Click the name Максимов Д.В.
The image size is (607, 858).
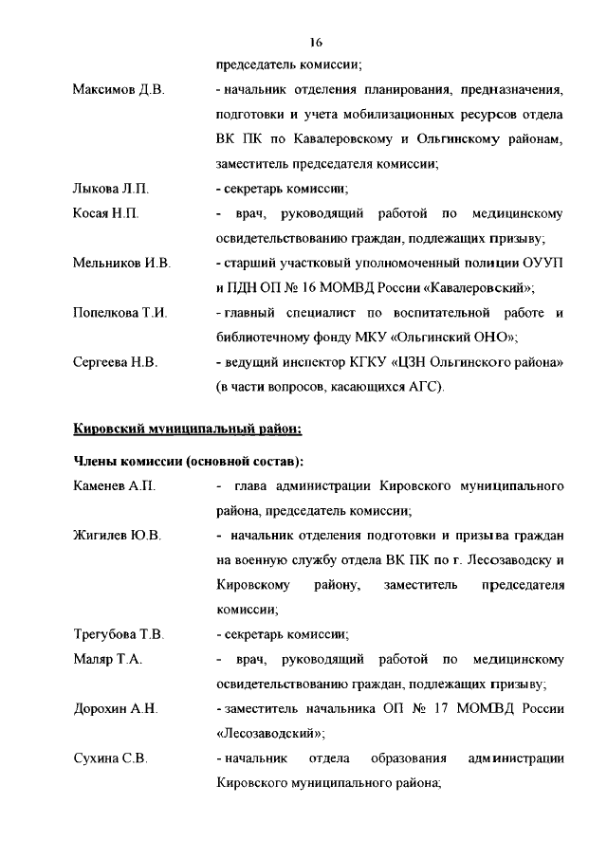119,90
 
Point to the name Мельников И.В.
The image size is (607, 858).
121,263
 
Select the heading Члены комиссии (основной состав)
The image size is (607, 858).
189,462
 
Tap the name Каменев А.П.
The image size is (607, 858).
114,486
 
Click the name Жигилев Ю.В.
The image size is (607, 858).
117,536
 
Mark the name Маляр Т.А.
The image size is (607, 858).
107,659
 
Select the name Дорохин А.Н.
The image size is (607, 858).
115,708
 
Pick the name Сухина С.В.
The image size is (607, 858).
109,758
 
